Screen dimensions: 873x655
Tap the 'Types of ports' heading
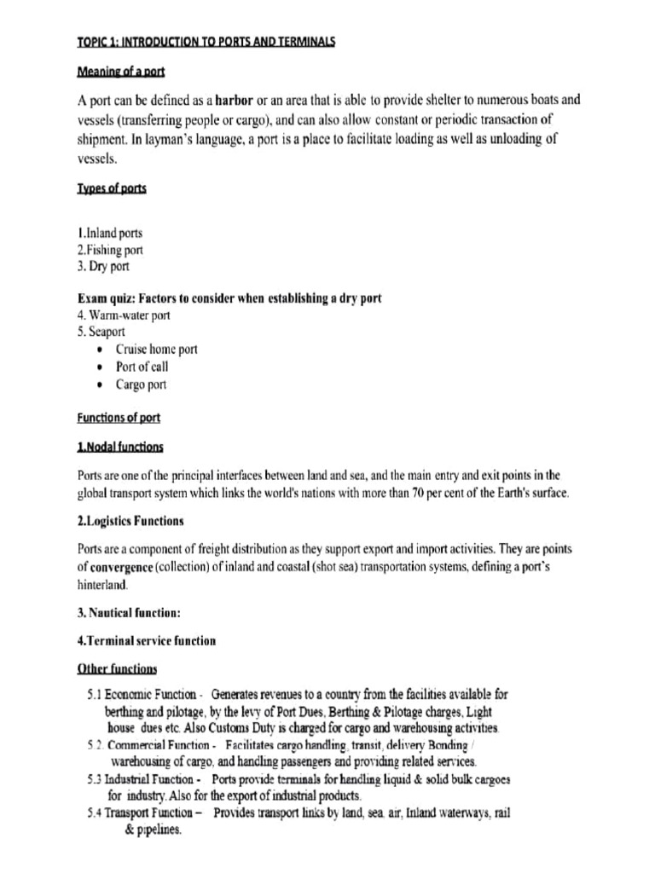(x=111, y=188)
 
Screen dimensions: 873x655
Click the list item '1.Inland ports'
(x=109, y=233)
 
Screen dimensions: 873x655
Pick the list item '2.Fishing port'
(x=109, y=250)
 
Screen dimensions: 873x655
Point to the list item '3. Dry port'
(x=102, y=267)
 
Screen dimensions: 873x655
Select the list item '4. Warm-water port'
(x=123, y=315)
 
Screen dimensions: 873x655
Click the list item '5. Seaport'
(x=101, y=332)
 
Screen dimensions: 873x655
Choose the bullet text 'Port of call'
(x=142, y=367)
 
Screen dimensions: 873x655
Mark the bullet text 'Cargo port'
(x=141, y=384)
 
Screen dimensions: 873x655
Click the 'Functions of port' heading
(x=118, y=418)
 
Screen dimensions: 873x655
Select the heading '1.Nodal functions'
(x=119, y=447)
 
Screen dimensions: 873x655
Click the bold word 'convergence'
(x=128, y=565)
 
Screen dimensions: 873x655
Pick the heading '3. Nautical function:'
(x=128, y=611)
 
